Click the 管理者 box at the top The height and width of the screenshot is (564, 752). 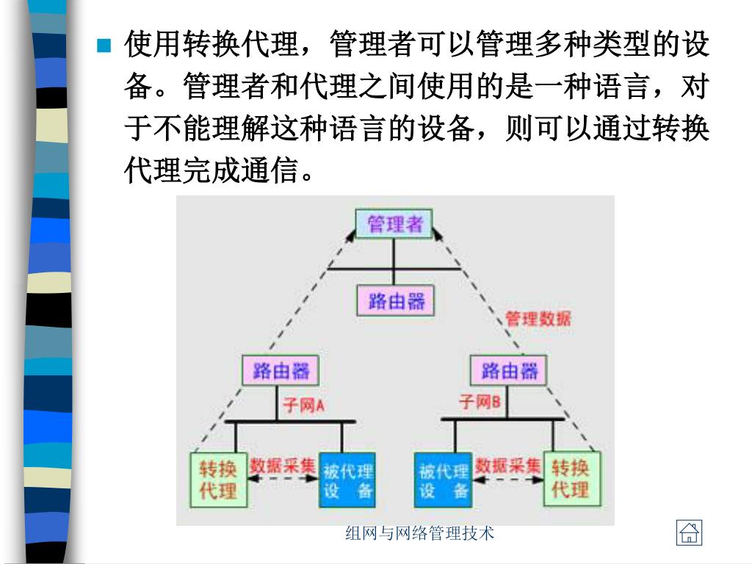[x=394, y=223]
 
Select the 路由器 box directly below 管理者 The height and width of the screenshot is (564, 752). [x=395, y=300]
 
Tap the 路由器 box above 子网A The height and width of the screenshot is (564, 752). [x=281, y=370]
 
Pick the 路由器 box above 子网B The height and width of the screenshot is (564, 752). [x=509, y=370]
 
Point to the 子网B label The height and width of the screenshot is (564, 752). [x=480, y=402]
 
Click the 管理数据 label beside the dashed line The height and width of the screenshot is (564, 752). [x=538, y=318]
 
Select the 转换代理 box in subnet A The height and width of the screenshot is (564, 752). [x=217, y=479]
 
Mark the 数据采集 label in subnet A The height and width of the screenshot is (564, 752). [x=283, y=465]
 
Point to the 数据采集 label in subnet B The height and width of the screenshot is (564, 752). [x=507, y=465]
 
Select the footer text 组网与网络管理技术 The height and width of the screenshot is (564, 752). [x=420, y=533]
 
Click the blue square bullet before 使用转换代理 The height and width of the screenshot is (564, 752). [x=104, y=46]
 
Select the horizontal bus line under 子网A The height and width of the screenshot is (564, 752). [x=289, y=422]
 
